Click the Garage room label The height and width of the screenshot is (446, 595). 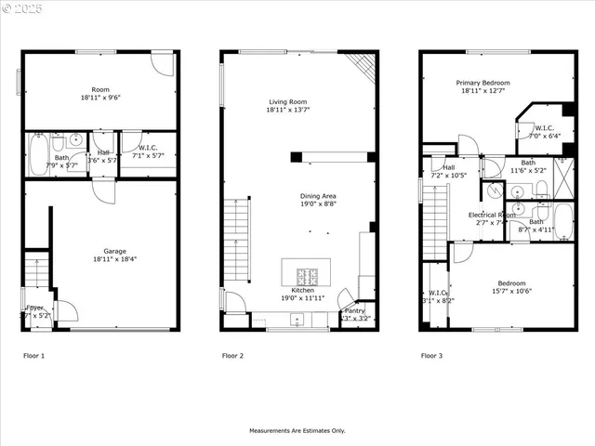pyautogui.click(x=114, y=251)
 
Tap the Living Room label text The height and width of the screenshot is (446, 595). pyautogui.click(x=287, y=101)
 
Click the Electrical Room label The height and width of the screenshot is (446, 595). pyautogui.click(x=491, y=215)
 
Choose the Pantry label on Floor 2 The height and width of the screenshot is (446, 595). pyautogui.click(x=354, y=310)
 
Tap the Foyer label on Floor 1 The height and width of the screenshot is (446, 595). pyautogui.click(x=34, y=308)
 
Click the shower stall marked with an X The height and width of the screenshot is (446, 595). pyautogui.click(x=562, y=173)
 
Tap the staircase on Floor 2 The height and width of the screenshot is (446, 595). pyautogui.click(x=237, y=240)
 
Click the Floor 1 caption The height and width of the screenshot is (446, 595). pyautogui.click(x=33, y=356)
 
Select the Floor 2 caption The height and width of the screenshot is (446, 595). pyautogui.click(x=232, y=356)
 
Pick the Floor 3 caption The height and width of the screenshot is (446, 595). pyautogui.click(x=431, y=356)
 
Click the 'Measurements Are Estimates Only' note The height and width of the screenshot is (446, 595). pyautogui.click(x=297, y=430)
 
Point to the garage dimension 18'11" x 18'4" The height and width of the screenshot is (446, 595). pyautogui.click(x=114, y=259)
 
